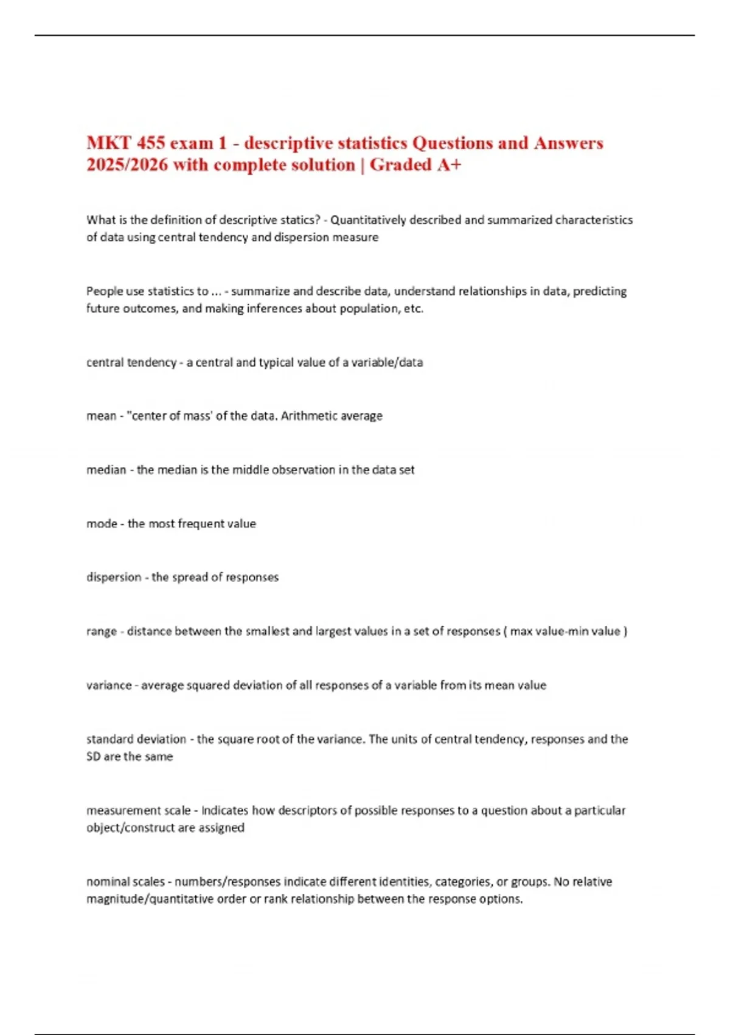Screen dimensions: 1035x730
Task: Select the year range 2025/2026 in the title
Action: [127, 165]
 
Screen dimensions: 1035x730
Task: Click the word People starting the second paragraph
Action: [105, 291]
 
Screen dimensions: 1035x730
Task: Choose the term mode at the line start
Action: [102, 524]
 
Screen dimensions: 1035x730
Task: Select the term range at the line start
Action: [101, 631]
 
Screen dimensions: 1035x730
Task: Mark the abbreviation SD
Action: [93, 757]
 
